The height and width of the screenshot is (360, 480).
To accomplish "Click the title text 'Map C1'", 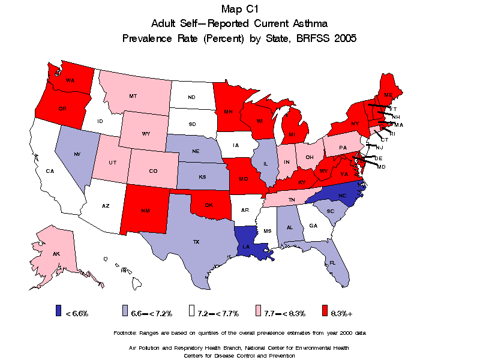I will click(239, 8).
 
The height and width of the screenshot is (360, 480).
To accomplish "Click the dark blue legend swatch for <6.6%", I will click(58, 311).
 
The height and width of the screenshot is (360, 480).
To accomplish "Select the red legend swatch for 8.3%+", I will click(325, 311).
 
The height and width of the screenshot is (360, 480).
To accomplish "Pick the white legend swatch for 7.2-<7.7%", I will click(191, 311).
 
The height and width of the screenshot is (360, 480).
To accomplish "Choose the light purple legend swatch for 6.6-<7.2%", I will click(125, 311).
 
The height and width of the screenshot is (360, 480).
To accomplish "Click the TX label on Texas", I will click(196, 242).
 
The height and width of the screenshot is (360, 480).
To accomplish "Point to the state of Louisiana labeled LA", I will click(246, 247).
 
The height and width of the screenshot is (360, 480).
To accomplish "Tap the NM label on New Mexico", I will click(145, 211).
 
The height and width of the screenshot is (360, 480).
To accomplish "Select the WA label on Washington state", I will click(70, 80).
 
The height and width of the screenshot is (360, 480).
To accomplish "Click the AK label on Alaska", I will click(56, 254).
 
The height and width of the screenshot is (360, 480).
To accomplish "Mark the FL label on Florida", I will click(332, 263).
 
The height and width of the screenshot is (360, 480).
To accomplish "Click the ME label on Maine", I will click(388, 95).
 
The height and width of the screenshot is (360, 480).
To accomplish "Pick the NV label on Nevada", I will click(77, 155).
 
